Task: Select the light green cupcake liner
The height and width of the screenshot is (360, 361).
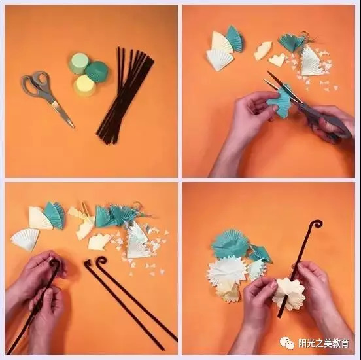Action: [x=78, y=63]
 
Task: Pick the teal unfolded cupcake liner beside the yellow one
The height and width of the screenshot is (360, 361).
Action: [x=97, y=71]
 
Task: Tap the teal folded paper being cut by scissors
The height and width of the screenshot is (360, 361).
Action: [x=282, y=102]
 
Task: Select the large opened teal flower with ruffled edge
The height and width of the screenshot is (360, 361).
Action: [x=230, y=243]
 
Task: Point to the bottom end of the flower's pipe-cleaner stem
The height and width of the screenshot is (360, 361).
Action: [x=280, y=314]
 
